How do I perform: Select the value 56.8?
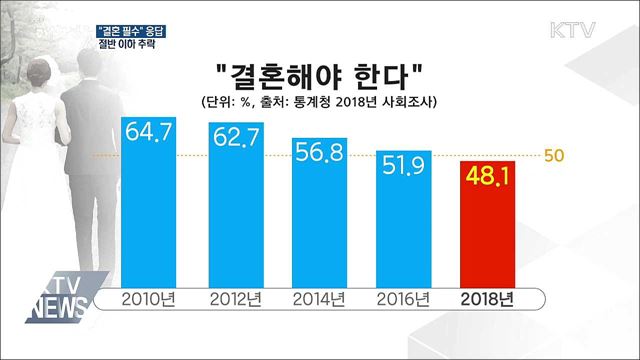pyautogui.click(x=319, y=153)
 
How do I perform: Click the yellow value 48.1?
pyautogui.click(x=490, y=177)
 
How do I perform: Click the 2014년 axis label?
pyautogui.click(x=319, y=298)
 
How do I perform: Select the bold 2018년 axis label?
pyautogui.click(x=490, y=298)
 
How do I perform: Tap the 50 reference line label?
pyautogui.click(x=555, y=156)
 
